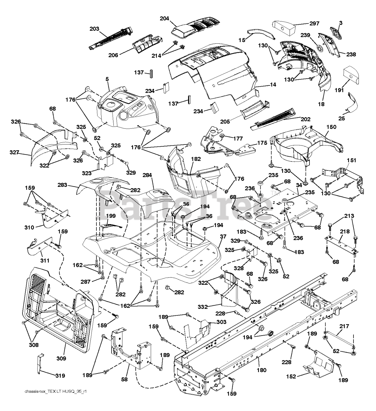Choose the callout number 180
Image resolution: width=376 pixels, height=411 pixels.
click(x=262, y=370)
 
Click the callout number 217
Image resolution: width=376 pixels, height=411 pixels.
click(x=344, y=327)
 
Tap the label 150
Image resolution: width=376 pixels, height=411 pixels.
click(x=331, y=127)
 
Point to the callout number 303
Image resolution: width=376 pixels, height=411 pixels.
click(x=221, y=322)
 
